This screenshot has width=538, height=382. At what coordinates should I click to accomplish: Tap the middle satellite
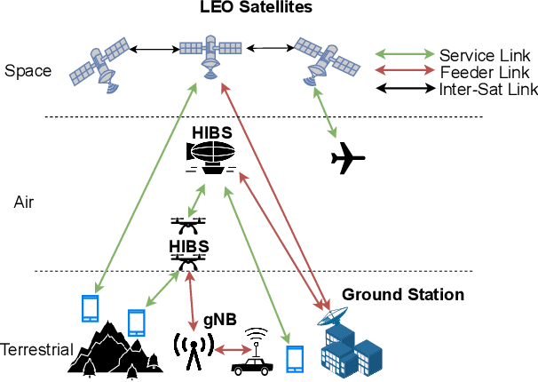point(210,54)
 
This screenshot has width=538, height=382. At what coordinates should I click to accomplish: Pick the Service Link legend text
point(484,55)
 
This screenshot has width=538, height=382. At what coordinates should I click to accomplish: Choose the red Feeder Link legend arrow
point(403,72)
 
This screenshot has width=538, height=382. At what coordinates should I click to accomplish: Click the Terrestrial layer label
point(36,349)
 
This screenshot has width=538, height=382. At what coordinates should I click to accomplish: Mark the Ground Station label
point(403,294)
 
